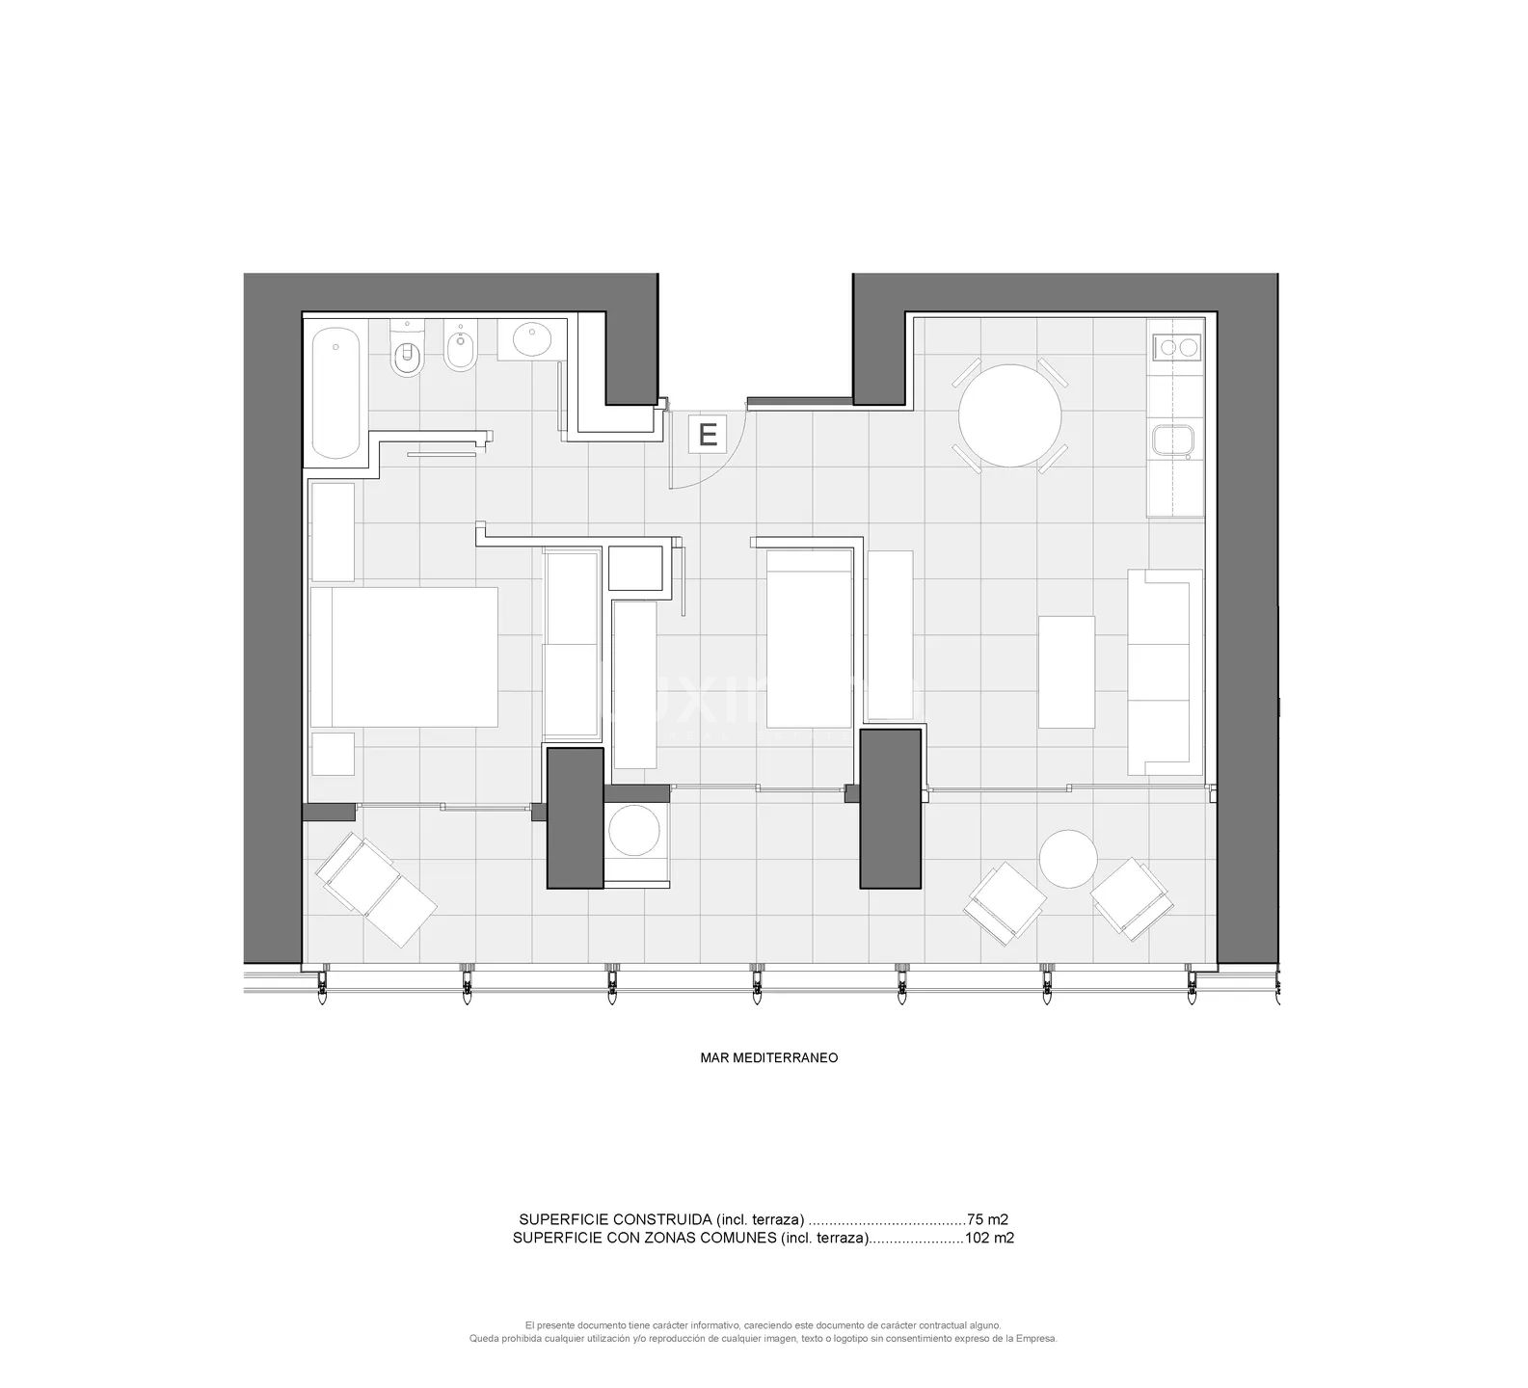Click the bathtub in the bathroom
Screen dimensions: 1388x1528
(x=335, y=392)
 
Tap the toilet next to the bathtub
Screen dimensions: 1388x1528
(x=408, y=352)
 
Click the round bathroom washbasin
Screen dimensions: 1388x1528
(x=531, y=339)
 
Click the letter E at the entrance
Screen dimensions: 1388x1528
(x=708, y=435)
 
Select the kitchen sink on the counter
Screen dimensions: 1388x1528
(x=1174, y=440)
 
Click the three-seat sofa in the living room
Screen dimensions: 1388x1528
(x=1166, y=672)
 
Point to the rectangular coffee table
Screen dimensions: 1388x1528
(x=1066, y=672)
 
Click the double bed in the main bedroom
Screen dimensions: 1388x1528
(x=405, y=656)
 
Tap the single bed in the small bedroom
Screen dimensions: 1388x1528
(x=810, y=639)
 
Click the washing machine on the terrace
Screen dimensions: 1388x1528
(x=637, y=834)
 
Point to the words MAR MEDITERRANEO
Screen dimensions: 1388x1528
(x=768, y=1057)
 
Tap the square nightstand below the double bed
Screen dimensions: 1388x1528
(x=333, y=754)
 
